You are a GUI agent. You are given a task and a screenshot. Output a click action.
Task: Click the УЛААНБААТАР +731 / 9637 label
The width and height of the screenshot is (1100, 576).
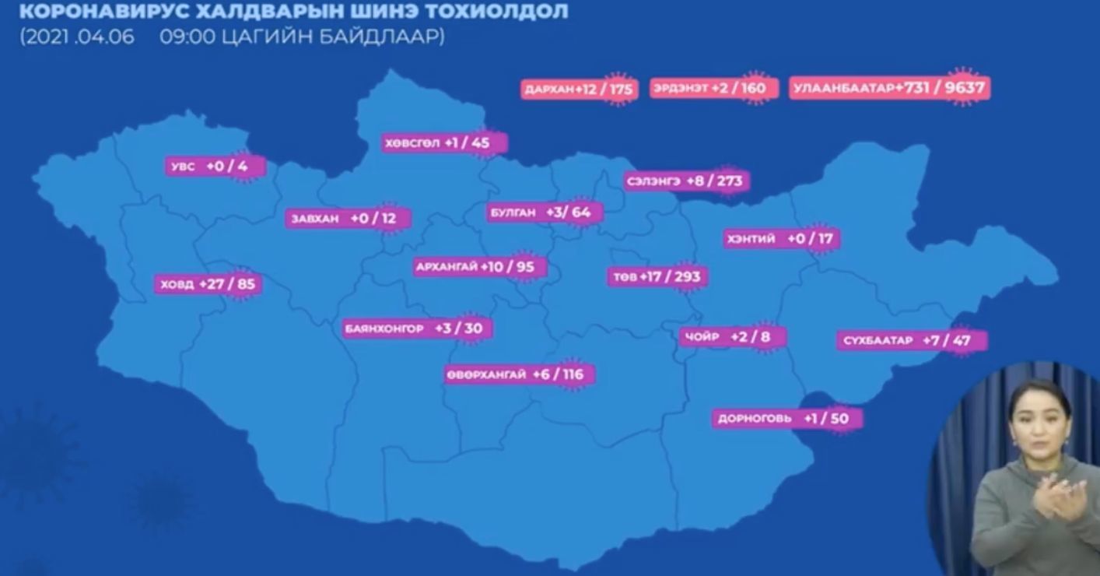coord(890,89)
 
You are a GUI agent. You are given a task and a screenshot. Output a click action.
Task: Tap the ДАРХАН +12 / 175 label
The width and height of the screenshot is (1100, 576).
coord(579,90)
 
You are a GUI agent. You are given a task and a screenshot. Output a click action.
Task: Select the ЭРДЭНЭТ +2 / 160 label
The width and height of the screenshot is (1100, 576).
coord(713,89)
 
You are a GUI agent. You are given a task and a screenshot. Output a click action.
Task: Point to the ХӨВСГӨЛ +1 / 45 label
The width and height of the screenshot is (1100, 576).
coord(445,143)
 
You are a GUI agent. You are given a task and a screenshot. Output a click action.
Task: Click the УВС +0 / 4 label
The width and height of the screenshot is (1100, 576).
coord(216,167)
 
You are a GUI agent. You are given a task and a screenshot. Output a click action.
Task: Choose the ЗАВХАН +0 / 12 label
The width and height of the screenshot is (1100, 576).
coord(347,219)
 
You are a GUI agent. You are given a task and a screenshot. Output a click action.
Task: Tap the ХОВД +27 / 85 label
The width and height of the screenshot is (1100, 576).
coord(207,284)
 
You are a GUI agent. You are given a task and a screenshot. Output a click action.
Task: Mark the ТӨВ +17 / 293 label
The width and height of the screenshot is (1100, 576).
coord(658,276)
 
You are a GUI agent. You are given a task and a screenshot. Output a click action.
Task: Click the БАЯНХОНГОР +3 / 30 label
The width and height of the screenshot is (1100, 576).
coord(417,328)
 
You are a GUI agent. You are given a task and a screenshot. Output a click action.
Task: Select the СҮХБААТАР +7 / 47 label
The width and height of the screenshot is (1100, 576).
coord(912,340)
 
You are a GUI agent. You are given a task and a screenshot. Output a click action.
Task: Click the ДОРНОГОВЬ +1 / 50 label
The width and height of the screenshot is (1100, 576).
coord(786,418)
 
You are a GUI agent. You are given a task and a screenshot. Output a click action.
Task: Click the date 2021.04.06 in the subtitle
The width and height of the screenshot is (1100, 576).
coord(77,37)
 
